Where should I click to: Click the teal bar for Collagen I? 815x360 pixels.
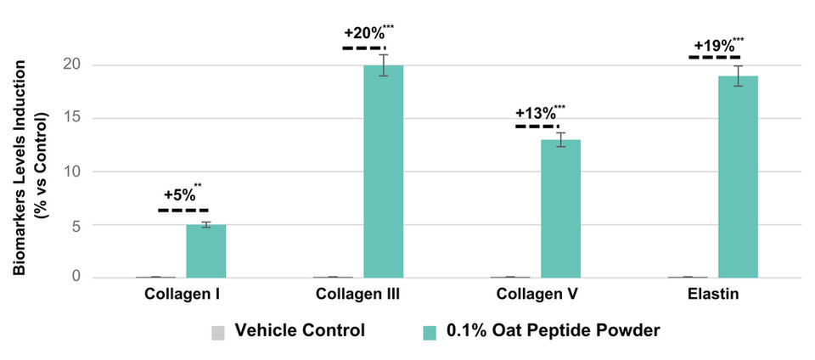pyautogui.click(x=206, y=251)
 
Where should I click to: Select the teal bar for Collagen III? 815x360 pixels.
pyautogui.click(x=384, y=172)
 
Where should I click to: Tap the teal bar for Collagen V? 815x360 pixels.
pyautogui.click(x=560, y=208)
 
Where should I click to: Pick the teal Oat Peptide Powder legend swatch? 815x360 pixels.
pyautogui.click(x=430, y=331)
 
